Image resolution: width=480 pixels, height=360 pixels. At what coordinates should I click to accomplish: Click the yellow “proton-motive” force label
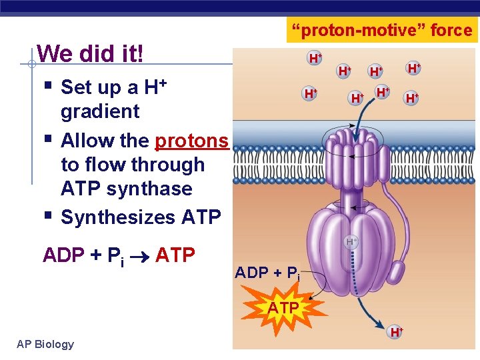pos(381,30)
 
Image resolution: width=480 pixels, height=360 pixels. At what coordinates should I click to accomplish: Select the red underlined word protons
pos(191,141)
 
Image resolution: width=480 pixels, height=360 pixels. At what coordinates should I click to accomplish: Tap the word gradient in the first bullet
pos(100,111)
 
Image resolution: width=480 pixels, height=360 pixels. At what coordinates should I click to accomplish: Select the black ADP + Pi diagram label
pos(267,273)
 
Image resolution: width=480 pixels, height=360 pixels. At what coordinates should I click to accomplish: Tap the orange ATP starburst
pos(283,307)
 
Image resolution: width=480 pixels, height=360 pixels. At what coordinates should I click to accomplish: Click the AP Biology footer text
pos(45,344)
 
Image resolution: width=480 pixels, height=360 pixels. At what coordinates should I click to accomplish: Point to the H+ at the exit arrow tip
pos(396,331)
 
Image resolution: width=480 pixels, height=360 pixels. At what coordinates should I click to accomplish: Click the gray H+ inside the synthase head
pos(351,242)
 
